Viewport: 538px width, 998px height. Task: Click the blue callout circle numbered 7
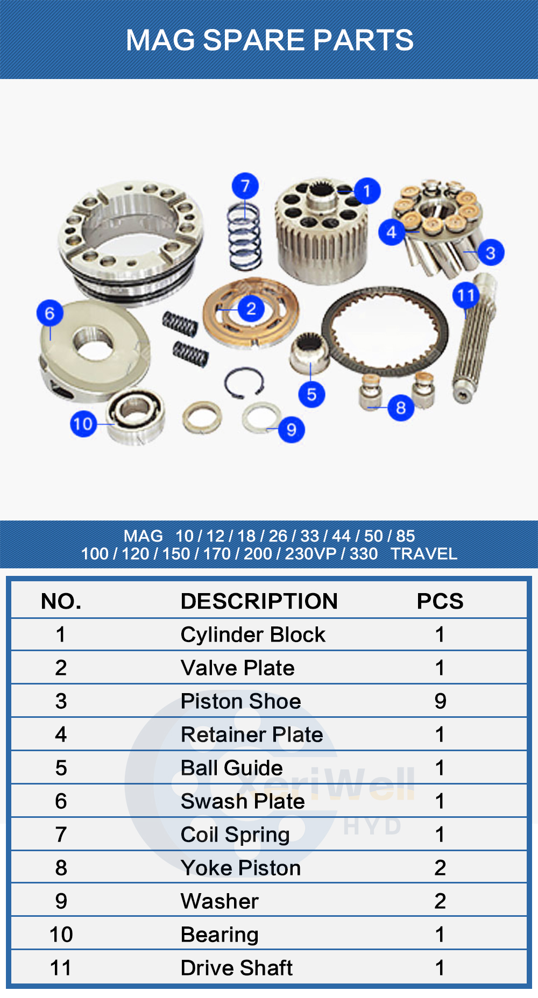click(245, 187)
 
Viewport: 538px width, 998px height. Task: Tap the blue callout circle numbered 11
click(466, 295)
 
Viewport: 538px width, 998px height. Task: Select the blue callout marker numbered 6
click(50, 313)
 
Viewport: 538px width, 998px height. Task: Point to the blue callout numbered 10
click(83, 424)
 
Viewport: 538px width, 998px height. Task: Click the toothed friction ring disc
click(385, 331)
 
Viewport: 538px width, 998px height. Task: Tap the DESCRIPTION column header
click(259, 601)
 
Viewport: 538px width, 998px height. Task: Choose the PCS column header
click(440, 601)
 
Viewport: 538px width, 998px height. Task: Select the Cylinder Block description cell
click(253, 635)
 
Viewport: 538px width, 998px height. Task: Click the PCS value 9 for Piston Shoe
click(440, 701)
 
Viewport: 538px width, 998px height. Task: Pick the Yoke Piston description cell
click(240, 868)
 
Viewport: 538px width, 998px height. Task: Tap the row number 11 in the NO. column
click(61, 968)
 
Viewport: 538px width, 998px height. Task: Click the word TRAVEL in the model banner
click(424, 554)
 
